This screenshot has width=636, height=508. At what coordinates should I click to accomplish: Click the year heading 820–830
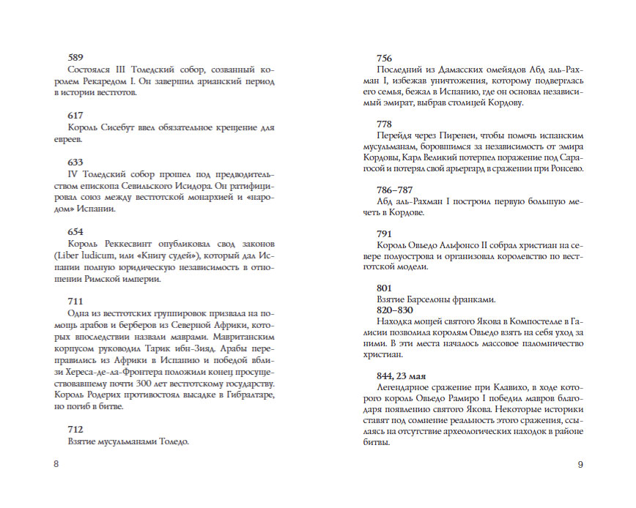(396, 310)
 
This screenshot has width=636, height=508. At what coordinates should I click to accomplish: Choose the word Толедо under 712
(171, 441)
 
